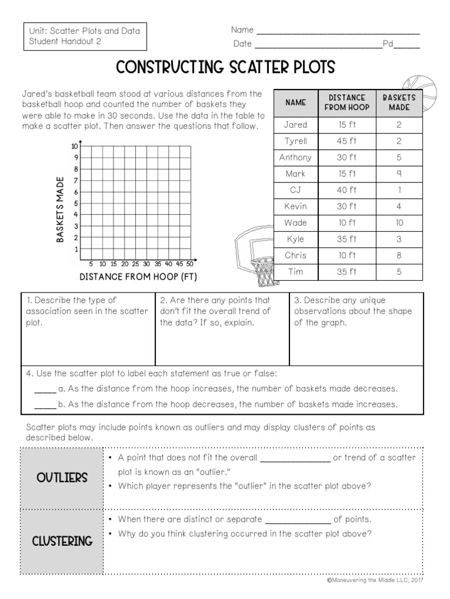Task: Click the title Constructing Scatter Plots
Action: tap(225, 67)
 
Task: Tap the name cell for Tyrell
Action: tap(295, 141)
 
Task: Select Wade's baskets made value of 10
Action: tap(399, 223)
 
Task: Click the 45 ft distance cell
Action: tap(347, 141)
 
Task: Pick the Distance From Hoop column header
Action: tap(347, 102)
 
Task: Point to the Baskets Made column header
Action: tap(399, 102)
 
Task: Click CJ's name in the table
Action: tap(295, 190)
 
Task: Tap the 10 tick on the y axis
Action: tap(74, 146)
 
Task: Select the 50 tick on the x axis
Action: tap(189, 264)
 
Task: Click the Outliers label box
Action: tap(62, 478)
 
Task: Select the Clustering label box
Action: tap(62, 541)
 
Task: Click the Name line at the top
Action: tap(338, 31)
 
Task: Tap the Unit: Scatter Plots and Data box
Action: tap(85, 36)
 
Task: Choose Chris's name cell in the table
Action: tap(295, 256)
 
